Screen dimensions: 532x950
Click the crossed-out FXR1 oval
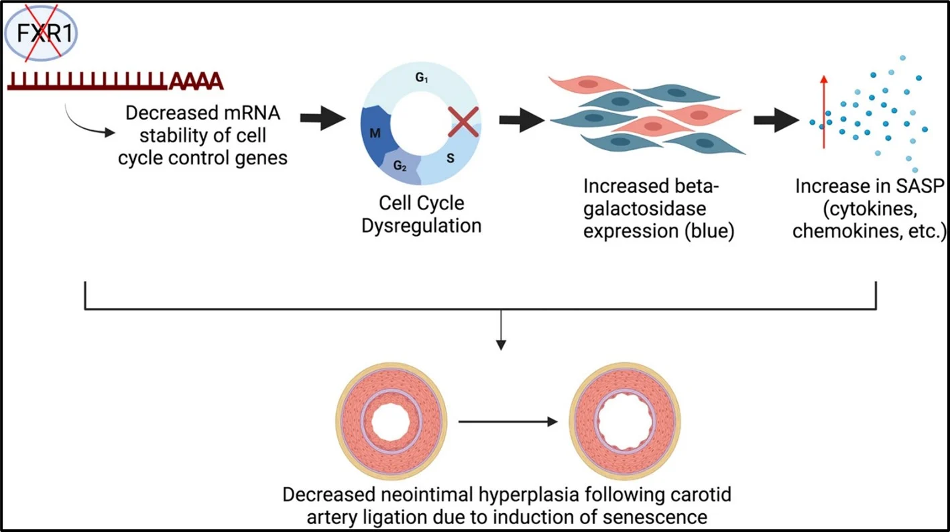[42, 33]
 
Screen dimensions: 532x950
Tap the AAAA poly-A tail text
[196, 82]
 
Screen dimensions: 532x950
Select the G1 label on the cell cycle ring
[421, 78]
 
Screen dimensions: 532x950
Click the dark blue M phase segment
[375, 134]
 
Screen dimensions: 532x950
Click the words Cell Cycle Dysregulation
[421, 214]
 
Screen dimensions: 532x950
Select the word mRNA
[251, 113]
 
